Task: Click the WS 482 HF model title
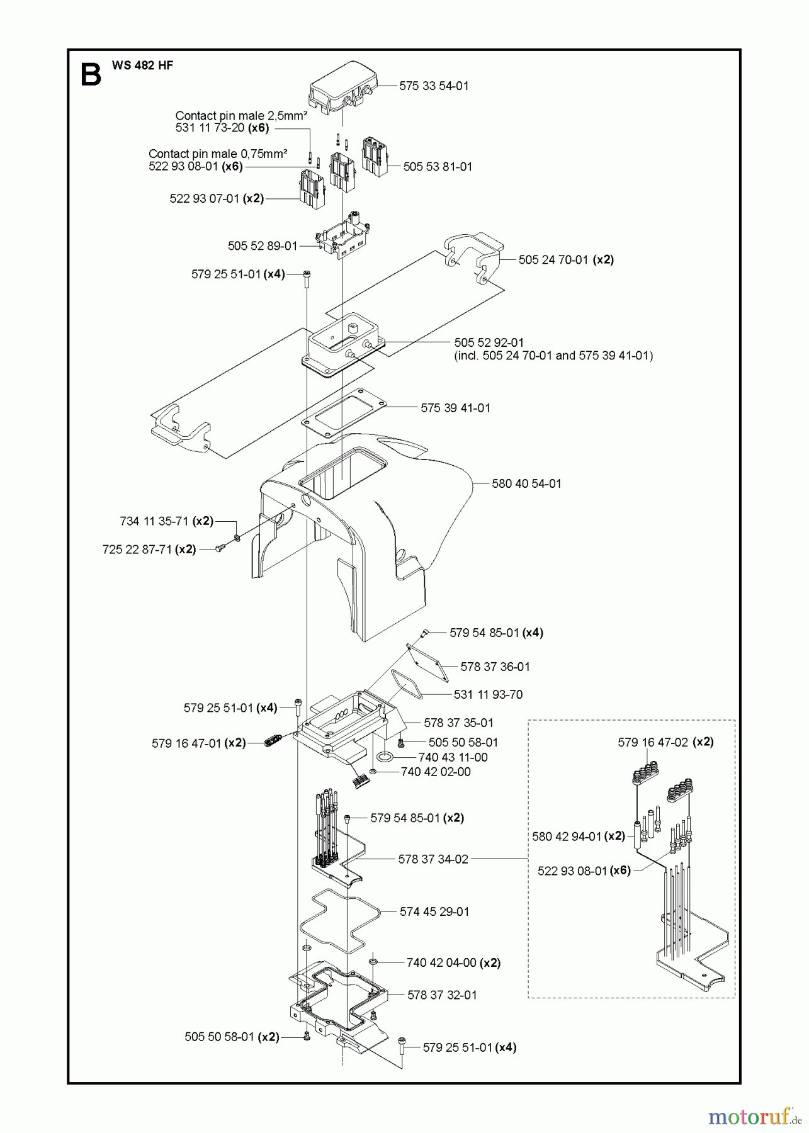142,65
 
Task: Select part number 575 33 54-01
434,86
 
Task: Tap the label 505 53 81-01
438,166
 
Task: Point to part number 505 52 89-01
263,245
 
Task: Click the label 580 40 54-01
526,483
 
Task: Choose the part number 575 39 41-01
455,408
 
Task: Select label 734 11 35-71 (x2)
167,521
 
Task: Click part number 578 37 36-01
495,667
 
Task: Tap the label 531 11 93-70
488,694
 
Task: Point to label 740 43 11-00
453,757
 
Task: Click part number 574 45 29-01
434,911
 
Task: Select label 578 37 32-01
442,995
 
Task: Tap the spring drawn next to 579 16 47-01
270,743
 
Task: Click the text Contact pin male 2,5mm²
241,116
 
